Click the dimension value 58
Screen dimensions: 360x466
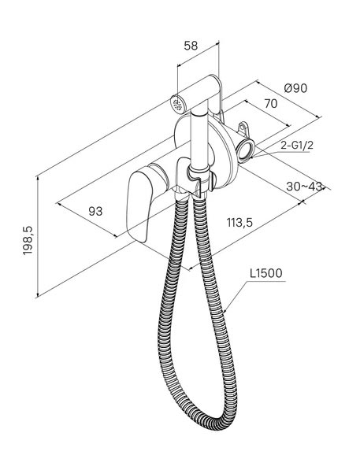[191, 46]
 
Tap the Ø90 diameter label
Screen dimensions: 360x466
[295, 88]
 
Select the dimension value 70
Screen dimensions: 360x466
[271, 104]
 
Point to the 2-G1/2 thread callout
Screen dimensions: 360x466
[297, 145]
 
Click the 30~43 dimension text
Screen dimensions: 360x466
[304, 187]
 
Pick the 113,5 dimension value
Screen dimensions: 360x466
[239, 222]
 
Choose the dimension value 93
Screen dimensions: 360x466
[95, 211]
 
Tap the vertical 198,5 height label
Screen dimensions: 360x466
[28, 240]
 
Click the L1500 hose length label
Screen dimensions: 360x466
[265, 273]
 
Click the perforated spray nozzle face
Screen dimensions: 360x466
[177, 104]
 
